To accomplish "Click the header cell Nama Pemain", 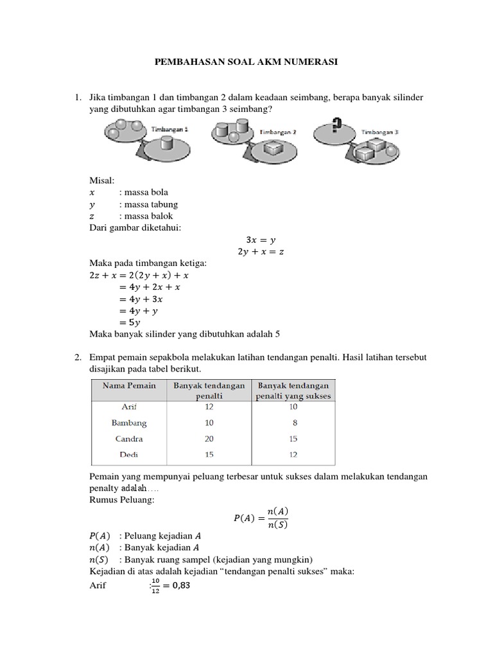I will tap(128, 386).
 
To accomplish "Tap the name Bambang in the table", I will tap(129, 423).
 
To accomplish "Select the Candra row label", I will tap(129, 439).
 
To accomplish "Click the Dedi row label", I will tap(129, 455).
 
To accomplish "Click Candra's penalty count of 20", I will tap(209, 439).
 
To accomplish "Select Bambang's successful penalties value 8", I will tap(294, 423).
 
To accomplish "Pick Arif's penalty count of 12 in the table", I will tap(209, 407).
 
